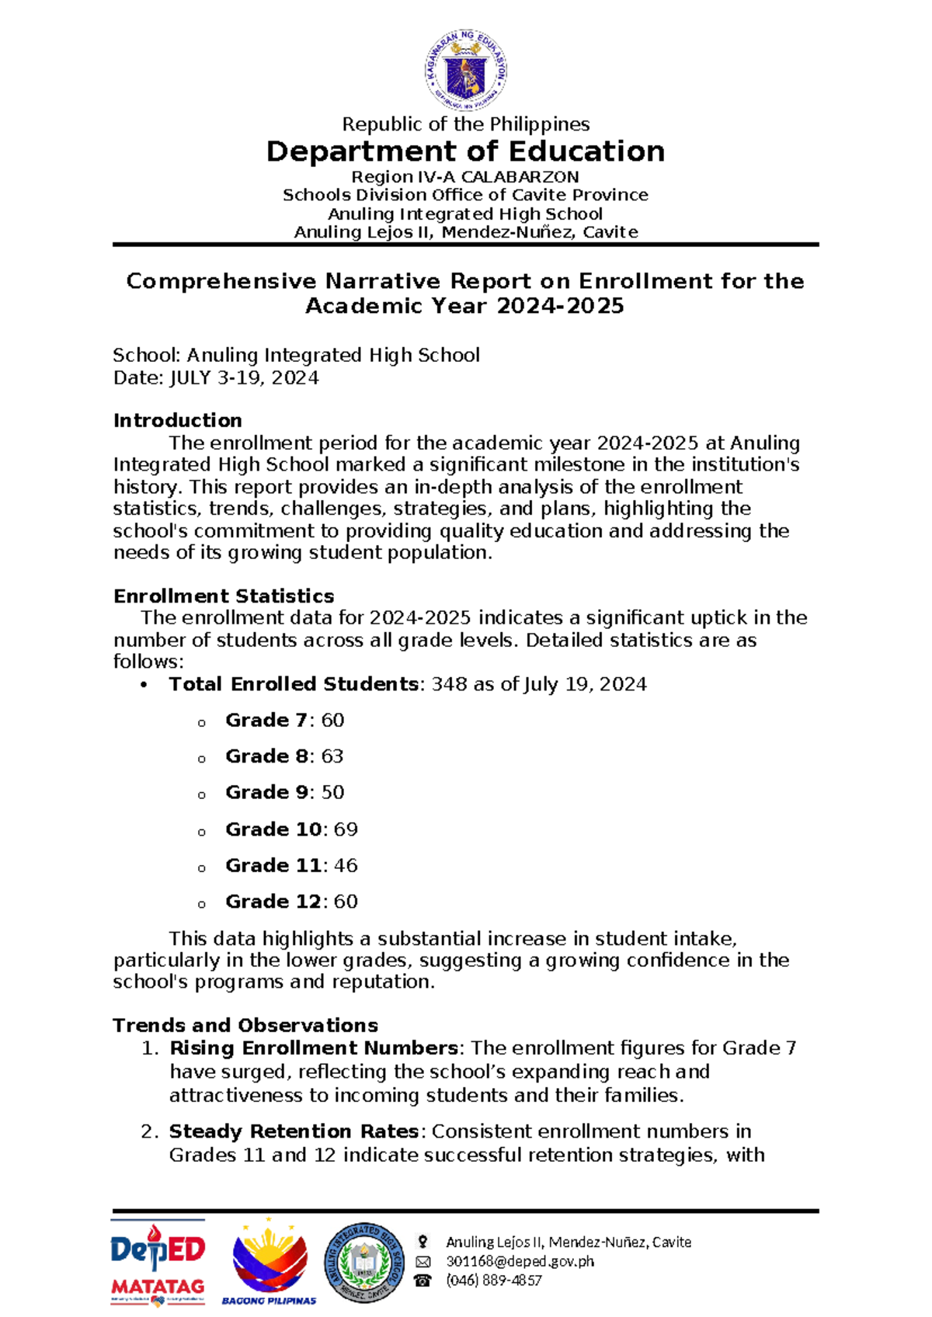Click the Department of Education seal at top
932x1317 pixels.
pyautogui.click(x=466, y=72)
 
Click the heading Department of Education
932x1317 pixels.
pyautogui.click(x=465, y=151)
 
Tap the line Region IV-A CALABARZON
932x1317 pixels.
pyautogui.click(x=465, y=177)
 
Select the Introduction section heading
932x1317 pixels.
pyautogui.click(x=178, y=421)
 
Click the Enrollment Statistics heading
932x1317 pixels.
pyautogui.click(x=224, y=596)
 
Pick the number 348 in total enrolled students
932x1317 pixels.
pyautogui.click(x=449, y=684)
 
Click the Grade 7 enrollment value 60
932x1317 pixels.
pyautogui.click(x=332, y=721)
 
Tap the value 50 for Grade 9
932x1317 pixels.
pyautogui.click(x=332, y=793)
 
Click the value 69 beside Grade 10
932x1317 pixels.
pyautogui.click(x=346, y=829)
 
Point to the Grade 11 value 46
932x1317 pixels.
pyautogui.click(x=346, y=866)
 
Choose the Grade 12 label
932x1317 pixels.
pyautogui.click(x=273, y=902)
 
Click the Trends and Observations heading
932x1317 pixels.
pyautogui.click(x=245, y=1026)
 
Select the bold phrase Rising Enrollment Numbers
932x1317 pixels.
pyautogui.click(x=314, y=1048)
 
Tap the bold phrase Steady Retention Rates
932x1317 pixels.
pyautogui.click(x=295, y=1131)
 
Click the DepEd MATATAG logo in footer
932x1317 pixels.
pyautogui.click(x=158, y=1264)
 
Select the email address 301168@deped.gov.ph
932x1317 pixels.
pyautogui.click(x=520, y=1261)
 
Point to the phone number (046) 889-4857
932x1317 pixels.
pyautogui.click(x=493, y=1281)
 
